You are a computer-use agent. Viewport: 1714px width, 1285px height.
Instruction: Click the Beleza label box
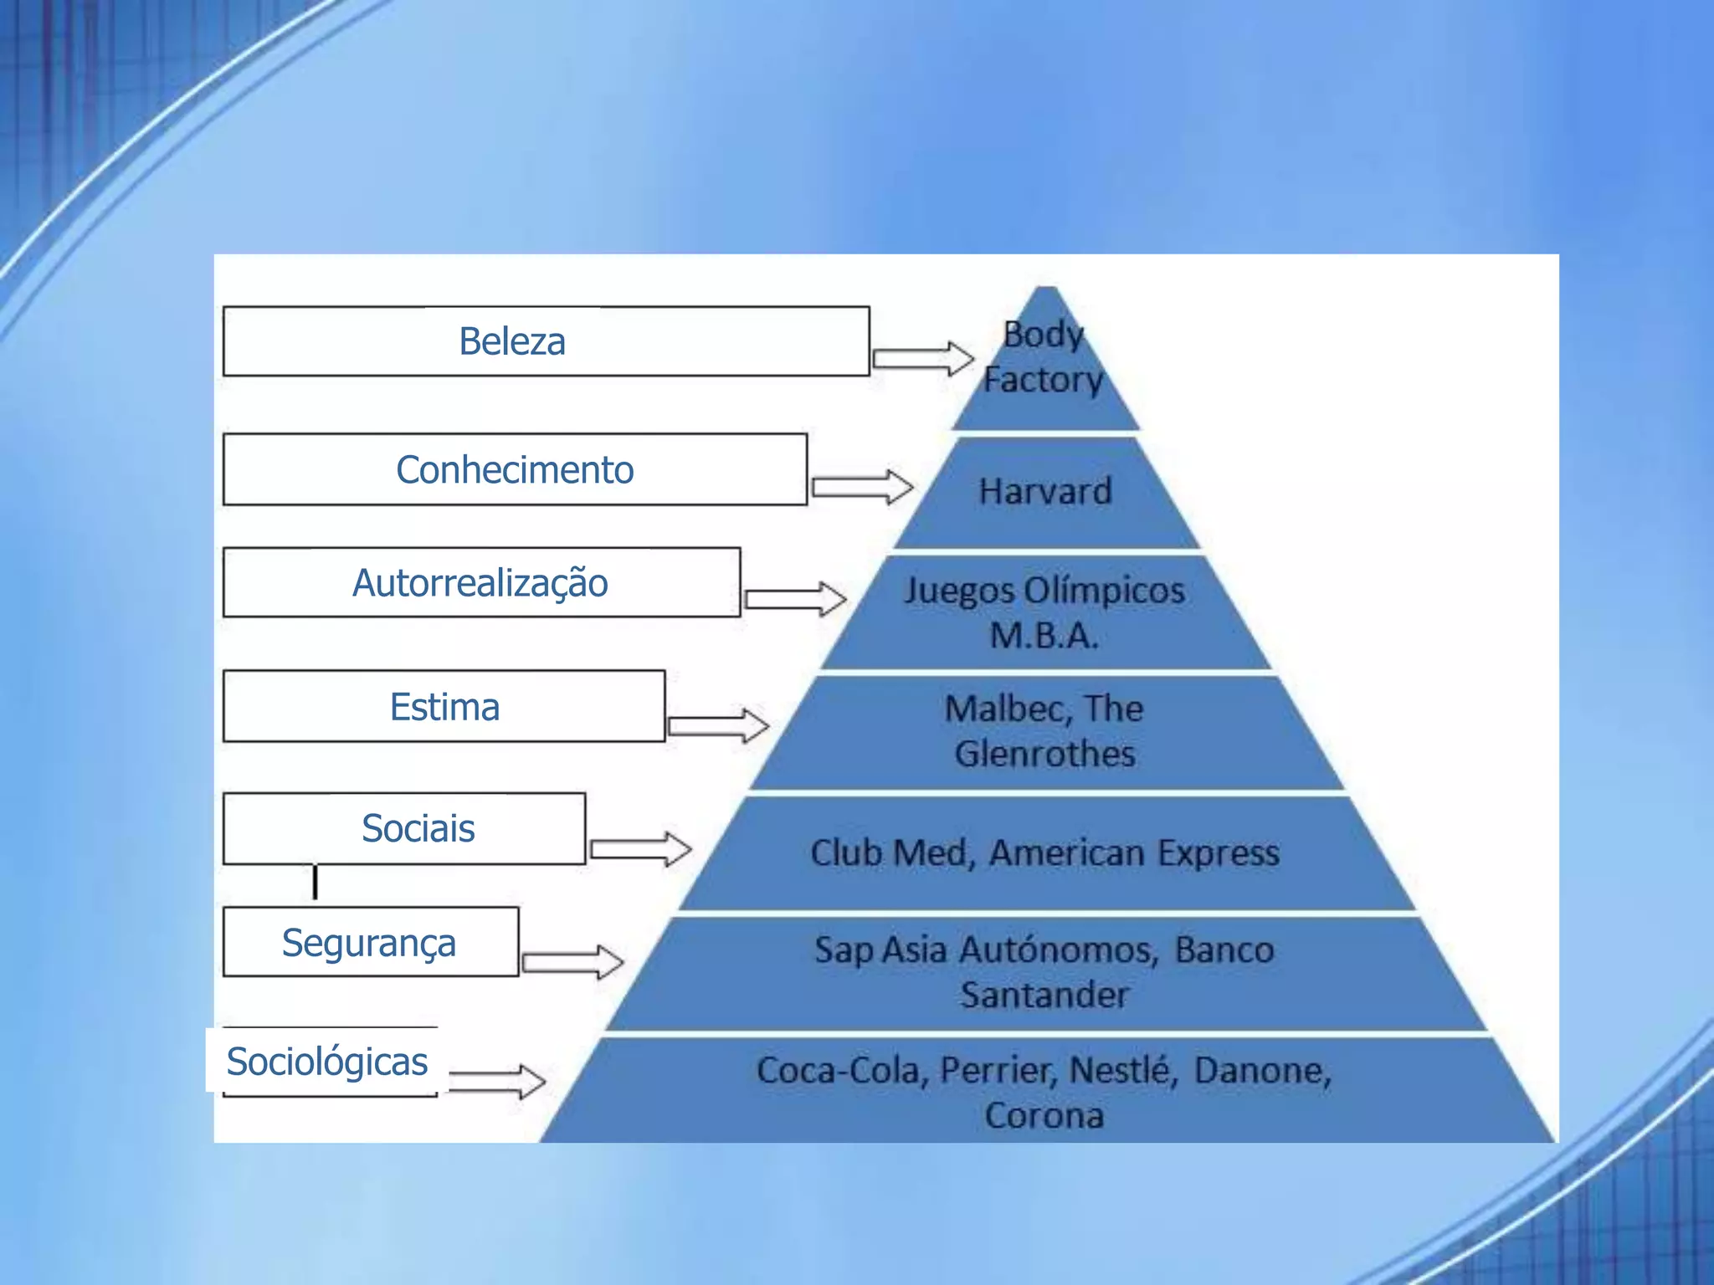coord(546,341)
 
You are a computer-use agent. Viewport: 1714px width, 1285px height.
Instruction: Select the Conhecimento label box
coord(515,469)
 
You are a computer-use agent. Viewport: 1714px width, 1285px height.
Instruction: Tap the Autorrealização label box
coord(481,583)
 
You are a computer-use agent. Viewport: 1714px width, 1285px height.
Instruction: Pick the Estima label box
coord(444,707)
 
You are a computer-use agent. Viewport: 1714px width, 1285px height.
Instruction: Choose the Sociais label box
coord(404,828)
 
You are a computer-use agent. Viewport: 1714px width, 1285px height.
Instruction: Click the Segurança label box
coord(370,943)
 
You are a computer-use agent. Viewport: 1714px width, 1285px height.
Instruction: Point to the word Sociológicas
coord(327,1062)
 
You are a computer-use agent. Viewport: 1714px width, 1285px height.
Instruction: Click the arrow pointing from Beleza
coord(922,360)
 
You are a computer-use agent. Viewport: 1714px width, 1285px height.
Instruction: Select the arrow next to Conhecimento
coord(862,487)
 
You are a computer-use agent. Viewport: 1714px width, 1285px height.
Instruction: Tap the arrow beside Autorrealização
coord(795,599)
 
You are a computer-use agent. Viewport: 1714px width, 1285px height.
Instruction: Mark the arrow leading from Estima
coord(718,725)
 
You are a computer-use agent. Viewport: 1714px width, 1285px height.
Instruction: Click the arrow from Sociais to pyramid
coord(640,850)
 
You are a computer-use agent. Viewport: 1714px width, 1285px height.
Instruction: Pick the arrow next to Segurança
coord(572,961)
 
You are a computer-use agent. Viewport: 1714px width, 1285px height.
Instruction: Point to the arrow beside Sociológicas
coord(497,1081)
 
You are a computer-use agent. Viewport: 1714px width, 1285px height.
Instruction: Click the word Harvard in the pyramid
coord(1045,491)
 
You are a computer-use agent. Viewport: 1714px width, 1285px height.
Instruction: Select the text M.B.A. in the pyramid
coord(1044,636)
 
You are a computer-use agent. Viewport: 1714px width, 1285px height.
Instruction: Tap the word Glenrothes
coord(1044,754)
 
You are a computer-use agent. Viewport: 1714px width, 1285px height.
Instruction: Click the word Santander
coord(1044,996)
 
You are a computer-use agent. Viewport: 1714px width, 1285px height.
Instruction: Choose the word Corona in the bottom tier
coord(1044,1116)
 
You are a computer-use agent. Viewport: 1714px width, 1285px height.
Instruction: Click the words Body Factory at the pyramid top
coord(1044,357)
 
